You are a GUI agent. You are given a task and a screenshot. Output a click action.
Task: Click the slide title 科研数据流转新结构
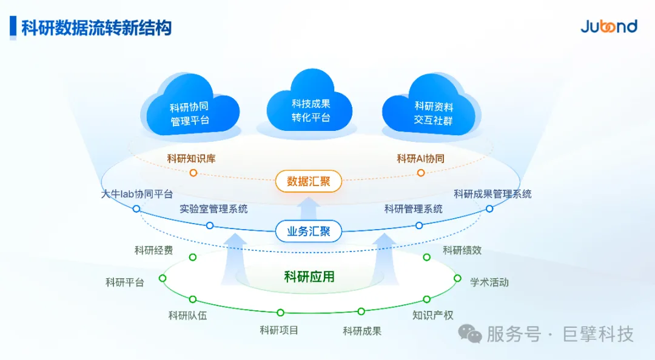[96, 28]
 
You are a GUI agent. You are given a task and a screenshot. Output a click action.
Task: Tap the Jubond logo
[608, 27]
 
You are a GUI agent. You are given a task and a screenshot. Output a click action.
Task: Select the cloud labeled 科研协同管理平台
[189, 109]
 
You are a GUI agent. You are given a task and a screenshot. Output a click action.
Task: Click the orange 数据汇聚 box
[309, 181]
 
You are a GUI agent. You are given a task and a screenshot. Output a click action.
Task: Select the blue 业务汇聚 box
[309, 231]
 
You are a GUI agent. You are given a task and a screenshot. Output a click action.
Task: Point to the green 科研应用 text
[309, 277]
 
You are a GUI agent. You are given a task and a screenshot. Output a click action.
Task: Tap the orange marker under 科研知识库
[193, 173]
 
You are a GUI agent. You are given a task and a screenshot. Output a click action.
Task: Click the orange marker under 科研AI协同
[421, 173]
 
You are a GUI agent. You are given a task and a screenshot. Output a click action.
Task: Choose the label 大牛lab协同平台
[137, 194]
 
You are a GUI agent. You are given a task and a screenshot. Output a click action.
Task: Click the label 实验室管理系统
[213, 209]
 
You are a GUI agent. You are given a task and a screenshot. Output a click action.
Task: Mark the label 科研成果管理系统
[492, 194]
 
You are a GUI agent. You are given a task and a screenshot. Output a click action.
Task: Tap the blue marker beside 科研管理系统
[419, 225]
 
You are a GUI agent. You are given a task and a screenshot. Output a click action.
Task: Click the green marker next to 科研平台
[163, 278]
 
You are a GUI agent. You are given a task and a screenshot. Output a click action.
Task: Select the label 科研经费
[153, 250]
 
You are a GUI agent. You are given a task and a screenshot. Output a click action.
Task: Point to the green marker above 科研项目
[280, 313]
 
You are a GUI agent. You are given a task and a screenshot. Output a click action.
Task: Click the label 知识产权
[432, 315]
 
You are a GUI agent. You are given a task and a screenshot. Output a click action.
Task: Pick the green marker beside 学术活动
[458, 278]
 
